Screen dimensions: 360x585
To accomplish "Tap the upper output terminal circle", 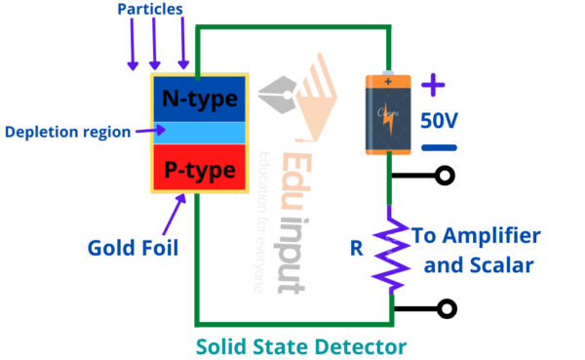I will [x=447, y=177].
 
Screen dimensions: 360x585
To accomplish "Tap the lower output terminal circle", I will [x=447, y=309].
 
